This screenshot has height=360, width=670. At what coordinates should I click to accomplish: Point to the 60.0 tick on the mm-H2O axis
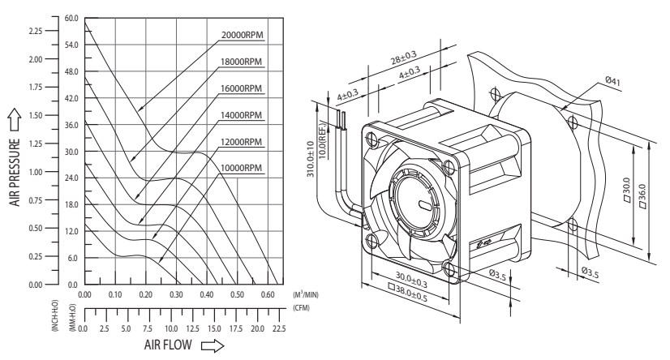point(71,17)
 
